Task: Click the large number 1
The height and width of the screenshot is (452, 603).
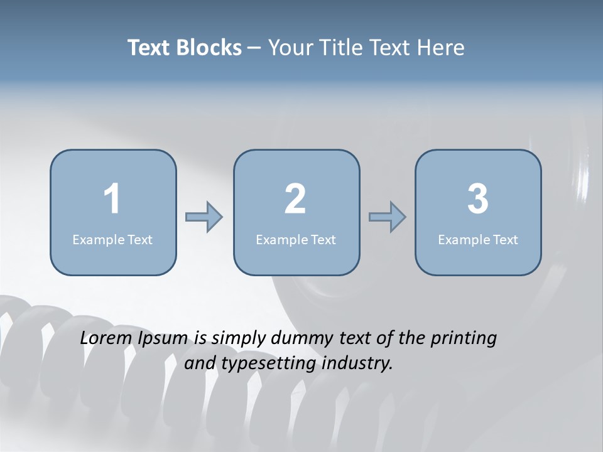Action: tap(112, 199)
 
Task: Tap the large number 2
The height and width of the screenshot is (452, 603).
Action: tap(295, 199)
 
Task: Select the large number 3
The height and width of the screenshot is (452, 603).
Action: tap(478, 199)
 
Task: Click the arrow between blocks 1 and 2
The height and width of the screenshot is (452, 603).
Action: tap(204, 217)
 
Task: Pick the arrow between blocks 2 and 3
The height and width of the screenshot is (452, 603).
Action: tap(388, 217)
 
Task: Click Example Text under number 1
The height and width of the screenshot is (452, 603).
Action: tap(112, 239)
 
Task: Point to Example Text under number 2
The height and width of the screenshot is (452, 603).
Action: tap(296, 239)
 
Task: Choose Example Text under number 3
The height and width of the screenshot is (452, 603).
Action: tap(478, 239)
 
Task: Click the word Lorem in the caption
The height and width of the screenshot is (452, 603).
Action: tap(106, 338)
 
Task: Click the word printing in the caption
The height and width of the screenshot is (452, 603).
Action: tap(464, 339)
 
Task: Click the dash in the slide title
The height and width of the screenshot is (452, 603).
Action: tap(255, 48)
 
